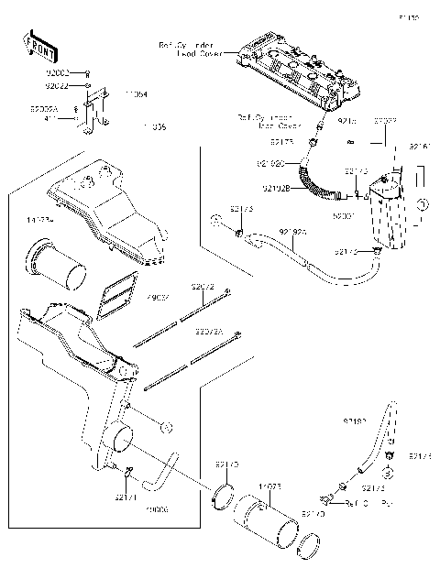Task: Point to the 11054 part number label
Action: point(137,93)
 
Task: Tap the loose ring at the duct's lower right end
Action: point(310,549)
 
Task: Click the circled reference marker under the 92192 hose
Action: point(389,474)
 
